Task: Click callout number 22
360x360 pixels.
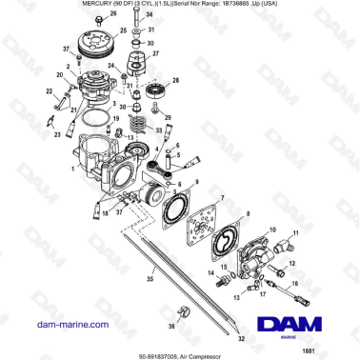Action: click(x=49, y=91)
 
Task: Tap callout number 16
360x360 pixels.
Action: click(x=293, y=284)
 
